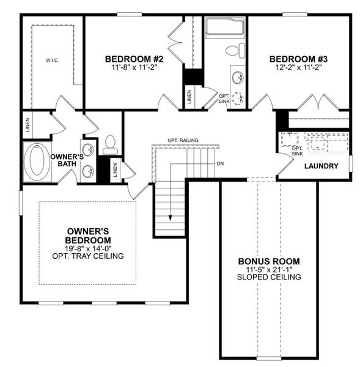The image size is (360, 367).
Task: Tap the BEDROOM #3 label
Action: [x=299, y=59]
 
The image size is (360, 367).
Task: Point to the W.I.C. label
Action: [x=51, y=61]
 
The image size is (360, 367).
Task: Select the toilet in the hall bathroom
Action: [x=233, y=50]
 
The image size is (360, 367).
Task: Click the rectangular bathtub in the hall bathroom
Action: [x=224, y=28]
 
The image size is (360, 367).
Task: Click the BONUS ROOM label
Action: [x=269, y=261]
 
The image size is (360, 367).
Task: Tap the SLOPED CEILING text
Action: [x=269, y=277]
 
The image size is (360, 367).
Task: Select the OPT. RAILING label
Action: [x=183, y=141]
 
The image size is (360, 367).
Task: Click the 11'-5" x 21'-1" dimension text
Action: [x=269, y=269]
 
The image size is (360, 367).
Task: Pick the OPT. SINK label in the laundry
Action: [x=298, y=151]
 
